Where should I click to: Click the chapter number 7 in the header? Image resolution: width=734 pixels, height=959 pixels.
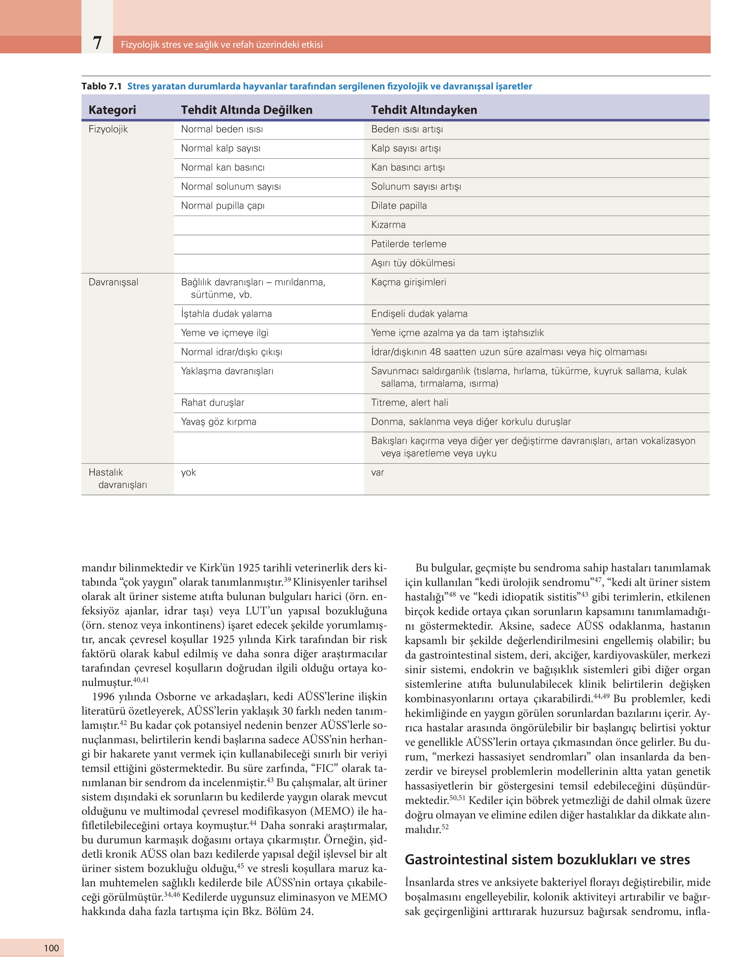pos(97,43)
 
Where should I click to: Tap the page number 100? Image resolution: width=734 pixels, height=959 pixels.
pos(51,948)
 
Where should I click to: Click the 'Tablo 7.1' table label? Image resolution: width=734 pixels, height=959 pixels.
pos(101,86)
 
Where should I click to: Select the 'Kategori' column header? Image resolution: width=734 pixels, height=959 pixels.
pos(112,109)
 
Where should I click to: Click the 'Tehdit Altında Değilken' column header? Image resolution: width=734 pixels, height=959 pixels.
pos(246,109)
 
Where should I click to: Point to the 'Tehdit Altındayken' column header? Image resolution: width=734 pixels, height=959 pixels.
pos(424,109)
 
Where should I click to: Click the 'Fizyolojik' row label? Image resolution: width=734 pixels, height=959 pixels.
pos(108,129)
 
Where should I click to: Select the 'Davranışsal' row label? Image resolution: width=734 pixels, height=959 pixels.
pos(113,282)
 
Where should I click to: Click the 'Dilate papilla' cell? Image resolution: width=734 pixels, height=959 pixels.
pos(399,206)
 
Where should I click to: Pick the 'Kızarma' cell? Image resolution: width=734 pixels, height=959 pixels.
pos(388,225)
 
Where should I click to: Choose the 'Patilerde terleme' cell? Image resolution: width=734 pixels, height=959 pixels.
pos(408,244)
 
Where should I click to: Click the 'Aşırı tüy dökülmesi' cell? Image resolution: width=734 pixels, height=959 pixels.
pos(413,263)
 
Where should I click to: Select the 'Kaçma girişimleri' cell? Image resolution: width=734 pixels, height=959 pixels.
pos(408,282)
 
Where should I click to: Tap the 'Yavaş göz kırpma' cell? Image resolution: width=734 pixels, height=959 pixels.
pos(218,422)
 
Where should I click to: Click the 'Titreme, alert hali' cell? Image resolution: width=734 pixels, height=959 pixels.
pos(409,403)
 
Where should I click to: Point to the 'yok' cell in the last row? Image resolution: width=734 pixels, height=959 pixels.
pos(188,473)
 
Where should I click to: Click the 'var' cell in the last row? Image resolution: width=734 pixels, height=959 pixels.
pos(377,473)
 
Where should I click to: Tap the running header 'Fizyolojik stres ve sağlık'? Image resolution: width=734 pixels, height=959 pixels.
pos(221,45)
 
